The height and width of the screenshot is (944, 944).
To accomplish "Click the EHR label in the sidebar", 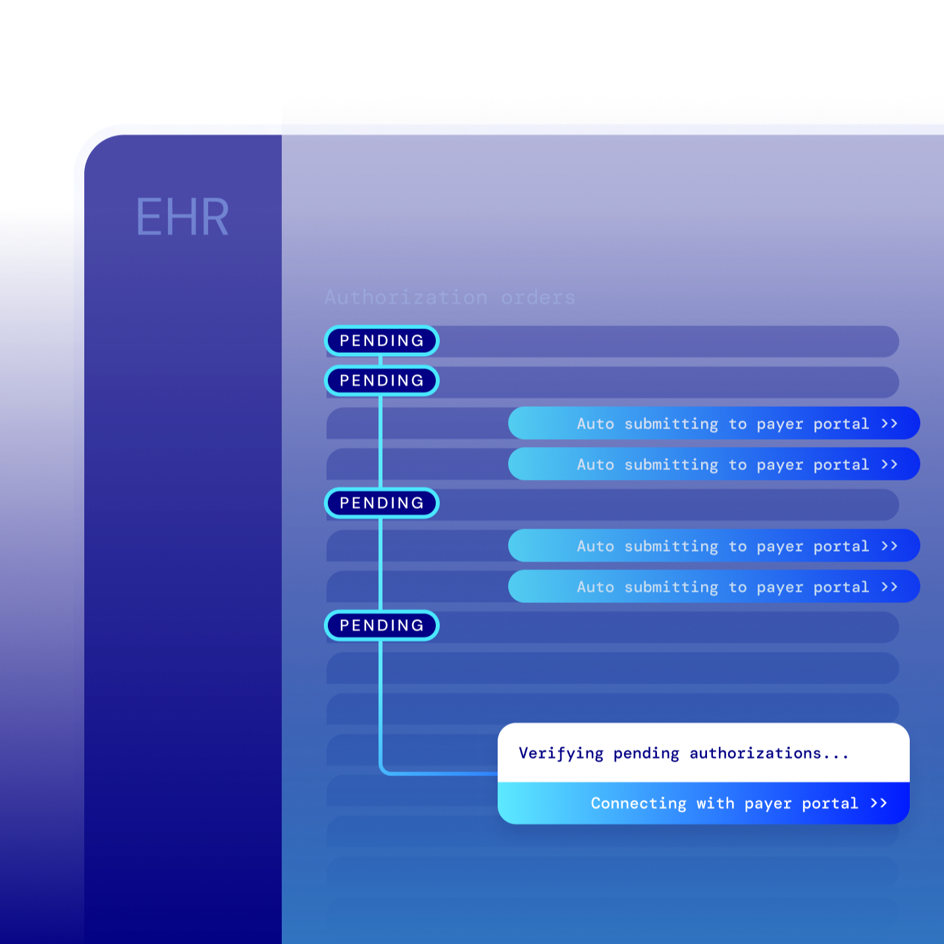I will tap(182, 217).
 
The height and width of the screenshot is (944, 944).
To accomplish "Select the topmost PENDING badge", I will tap(382, 341).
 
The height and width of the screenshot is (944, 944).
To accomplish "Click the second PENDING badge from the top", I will tap(382, 380).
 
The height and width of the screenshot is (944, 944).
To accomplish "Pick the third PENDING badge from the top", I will tap(382, 503).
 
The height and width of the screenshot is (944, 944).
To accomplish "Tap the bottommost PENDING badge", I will tap(382, 625).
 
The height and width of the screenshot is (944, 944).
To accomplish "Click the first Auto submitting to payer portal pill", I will tap(714, 423).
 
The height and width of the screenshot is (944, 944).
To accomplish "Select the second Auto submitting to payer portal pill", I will tap(714, 464).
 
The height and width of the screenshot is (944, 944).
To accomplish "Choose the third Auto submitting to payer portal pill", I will tap(714, 546).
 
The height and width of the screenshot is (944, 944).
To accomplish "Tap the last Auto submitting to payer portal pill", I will tap(714, 587).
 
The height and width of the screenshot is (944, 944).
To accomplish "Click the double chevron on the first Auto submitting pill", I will tap(889, 423).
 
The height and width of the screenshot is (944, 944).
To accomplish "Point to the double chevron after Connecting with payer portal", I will tap(879, 803).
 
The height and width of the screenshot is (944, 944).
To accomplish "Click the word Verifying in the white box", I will tap(561, 753).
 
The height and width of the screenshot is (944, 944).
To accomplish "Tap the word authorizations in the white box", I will tap(755, 753).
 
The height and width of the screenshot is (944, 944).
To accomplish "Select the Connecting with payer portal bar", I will tap(703, 803).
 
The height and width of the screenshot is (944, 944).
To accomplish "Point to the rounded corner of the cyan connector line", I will tap(384, 770).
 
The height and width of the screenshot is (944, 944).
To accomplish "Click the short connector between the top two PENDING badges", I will tap(380, 361).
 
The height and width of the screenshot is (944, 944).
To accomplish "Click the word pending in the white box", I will tap(646, 753).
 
